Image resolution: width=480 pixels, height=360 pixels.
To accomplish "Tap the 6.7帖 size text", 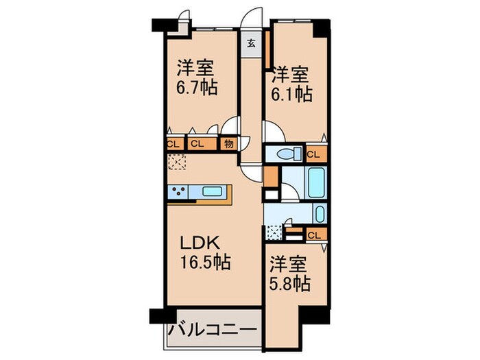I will point(197,90).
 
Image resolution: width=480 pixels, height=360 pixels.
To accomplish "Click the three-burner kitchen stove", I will point(180,192).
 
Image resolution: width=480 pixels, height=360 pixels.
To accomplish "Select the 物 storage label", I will point(228,144).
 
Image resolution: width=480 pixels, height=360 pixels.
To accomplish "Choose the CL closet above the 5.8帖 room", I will point(313,236).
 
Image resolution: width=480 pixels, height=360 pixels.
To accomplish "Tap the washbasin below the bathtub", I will point(319,213).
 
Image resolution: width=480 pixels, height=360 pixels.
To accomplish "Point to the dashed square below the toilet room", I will point(276,232).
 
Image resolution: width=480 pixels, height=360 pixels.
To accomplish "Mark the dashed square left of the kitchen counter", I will point(178,162).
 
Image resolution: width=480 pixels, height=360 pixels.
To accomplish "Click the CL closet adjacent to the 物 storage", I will point(196,144).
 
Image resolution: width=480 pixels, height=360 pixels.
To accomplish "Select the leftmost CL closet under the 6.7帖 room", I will point(173,144).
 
